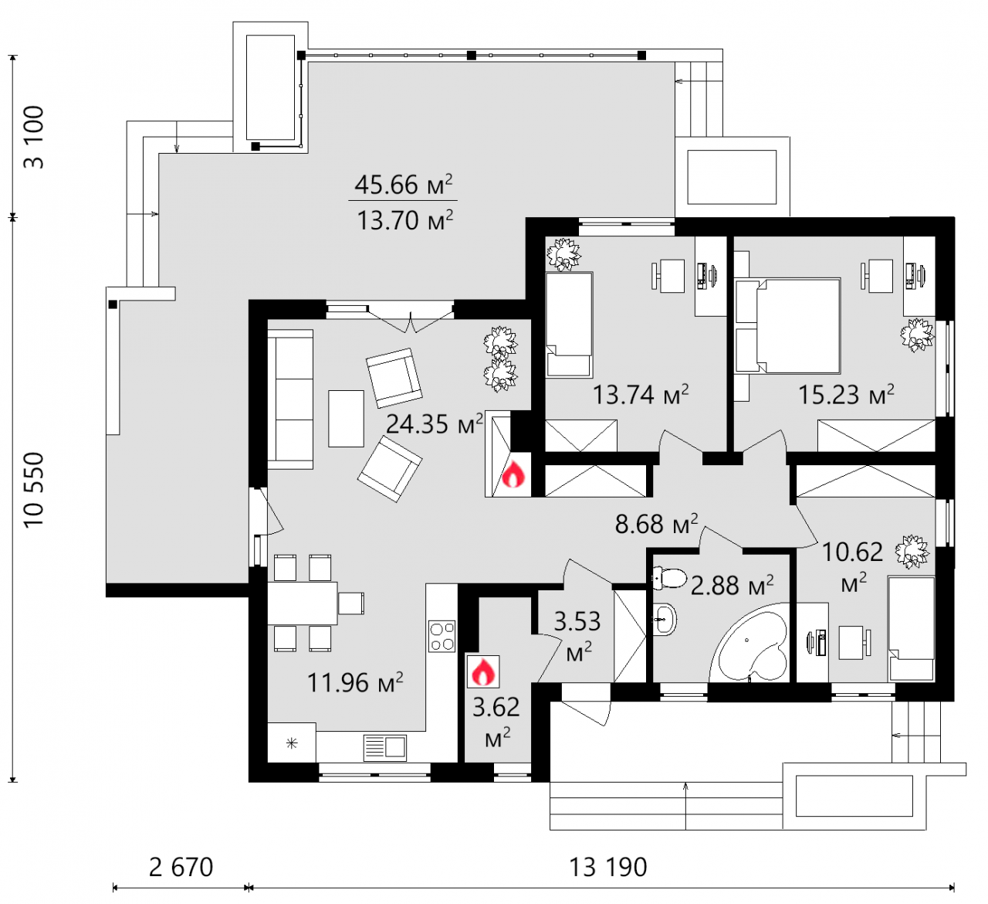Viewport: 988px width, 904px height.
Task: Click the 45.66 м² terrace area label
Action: pos(403,185)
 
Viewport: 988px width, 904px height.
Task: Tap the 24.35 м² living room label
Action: pos(435,423)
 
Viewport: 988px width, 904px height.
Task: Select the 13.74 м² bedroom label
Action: pos(641,395)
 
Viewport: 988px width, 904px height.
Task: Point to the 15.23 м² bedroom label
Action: pos(846,395)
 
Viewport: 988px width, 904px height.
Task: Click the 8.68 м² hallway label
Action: pos(657,523)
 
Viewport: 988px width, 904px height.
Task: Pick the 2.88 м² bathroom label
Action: pos(733,586)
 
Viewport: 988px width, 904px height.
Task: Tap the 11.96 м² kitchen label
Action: pos(355,682)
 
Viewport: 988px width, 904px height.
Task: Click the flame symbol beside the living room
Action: pos(513,475)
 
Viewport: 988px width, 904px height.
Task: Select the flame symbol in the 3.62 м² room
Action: pos(483,671)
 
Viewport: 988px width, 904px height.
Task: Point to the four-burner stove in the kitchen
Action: pos(442,636)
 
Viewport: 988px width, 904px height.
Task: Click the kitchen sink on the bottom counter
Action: pos(385,748)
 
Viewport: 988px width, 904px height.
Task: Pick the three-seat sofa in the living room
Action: pos(290,399)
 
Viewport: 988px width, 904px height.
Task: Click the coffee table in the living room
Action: pos(347,419)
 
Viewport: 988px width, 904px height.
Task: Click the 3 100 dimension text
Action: pos(35,137)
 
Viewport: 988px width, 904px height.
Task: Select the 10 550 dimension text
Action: pos(35,490)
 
